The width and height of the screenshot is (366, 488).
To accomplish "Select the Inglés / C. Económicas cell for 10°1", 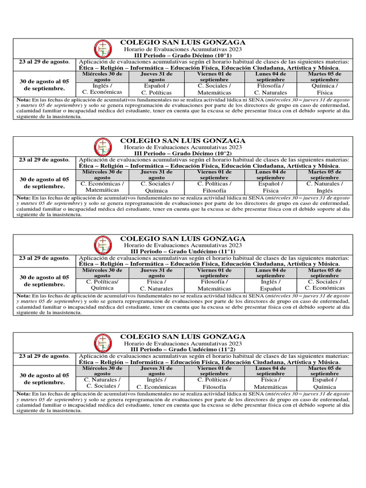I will point(102,89).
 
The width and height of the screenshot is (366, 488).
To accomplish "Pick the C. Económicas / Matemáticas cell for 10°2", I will point(102,187).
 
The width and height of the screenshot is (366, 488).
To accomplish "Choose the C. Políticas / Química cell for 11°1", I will point(102,285).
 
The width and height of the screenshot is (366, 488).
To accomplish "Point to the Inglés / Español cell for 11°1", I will point(270,285).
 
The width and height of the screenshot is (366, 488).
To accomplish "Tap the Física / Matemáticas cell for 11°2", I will point(270,383).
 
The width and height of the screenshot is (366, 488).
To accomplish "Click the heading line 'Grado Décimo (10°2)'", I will point(183,153).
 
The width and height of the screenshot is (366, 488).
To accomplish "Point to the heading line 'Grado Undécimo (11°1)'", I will point(183,251).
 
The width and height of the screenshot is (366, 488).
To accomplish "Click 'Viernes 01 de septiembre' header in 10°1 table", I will point(214,77).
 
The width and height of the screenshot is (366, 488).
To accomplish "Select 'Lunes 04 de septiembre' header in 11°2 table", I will point(270,371).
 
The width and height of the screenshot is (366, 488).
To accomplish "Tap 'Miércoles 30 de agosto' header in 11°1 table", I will point(102,273).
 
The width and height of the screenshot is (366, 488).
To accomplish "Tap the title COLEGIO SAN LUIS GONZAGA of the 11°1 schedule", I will point(183,238).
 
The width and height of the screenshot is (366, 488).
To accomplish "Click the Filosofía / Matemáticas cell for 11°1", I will point(214,285).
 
